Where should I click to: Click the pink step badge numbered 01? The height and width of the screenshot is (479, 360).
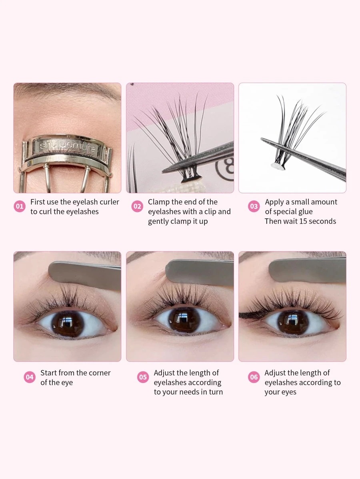(20, 207)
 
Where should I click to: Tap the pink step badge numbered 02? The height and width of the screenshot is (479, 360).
(137, 207)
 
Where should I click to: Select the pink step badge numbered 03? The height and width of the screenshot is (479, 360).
(254, 207)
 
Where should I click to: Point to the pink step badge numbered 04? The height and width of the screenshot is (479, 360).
(30, 377)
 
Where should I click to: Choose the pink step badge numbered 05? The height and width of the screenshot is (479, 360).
(143, 377)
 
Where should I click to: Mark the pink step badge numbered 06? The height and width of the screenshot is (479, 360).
(254, 377)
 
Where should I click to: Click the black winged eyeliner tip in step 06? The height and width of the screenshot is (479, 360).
(242, 315)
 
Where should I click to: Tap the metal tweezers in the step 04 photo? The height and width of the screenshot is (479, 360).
(84, 275)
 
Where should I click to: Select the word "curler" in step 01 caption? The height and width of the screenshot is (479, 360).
(108, 202)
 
